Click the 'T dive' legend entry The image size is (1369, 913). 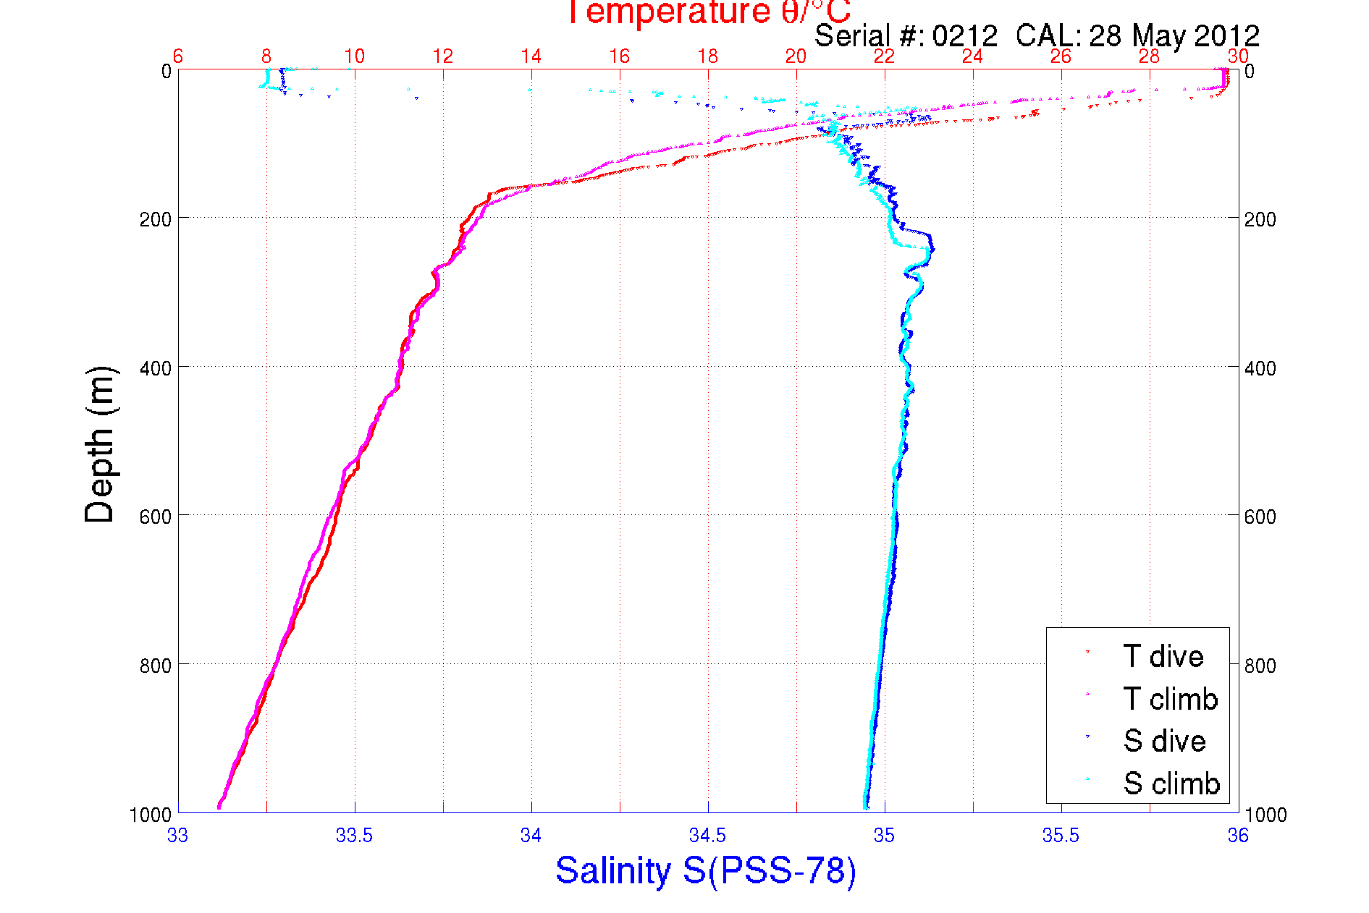pyautogui.click(x=1162, y=656)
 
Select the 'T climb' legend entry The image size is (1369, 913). pyautogui.click(x=1169, y=699)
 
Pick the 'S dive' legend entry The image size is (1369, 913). pyautogui.click(x=1163, y=741)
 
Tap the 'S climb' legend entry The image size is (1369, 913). pyautogui.click(x=1171, y=784)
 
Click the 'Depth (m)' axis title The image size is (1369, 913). pyautogui.click(x=100, y=444)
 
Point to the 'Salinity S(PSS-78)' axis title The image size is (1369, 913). pyautogui.click(x=706, y=870)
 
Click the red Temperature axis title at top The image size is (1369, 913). pyautogui.click(x=708, y=12)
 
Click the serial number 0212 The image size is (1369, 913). pyautogui.click(x=964, y=36)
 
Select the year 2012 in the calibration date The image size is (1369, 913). pyautogui.click(x=1226, y=36)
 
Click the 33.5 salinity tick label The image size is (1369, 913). pyautogui.click(x=354, y=836)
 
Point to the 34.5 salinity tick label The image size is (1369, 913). pyautogui.click(x=707, y=836)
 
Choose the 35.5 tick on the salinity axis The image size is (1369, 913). pyautogui.click(x=1061, y=836)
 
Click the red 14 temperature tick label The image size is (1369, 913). pyautogui.click(x=531, y=56)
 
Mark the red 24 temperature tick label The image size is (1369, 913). pyautogui.click(x=972, y=56)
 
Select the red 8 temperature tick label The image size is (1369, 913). pyautogui.click(x=266, y=56)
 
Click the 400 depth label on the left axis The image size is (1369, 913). pyautogui.click(x=155, y=368)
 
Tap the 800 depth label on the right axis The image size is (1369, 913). pyautogui.click(x=1260, y=666)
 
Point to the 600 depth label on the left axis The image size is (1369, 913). pyautogui.click(x=155, y=517)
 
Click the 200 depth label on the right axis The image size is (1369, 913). pyautogui.click(x=1260, y=219)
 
